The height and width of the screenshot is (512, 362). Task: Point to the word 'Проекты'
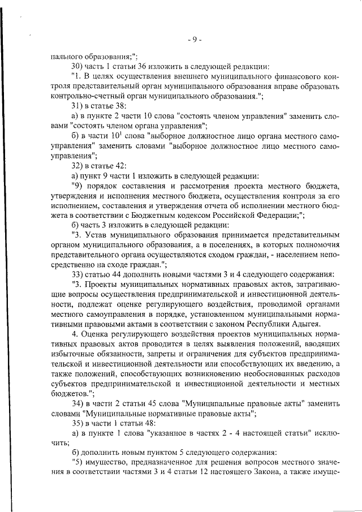pyautogui.click(x=100, y=283)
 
